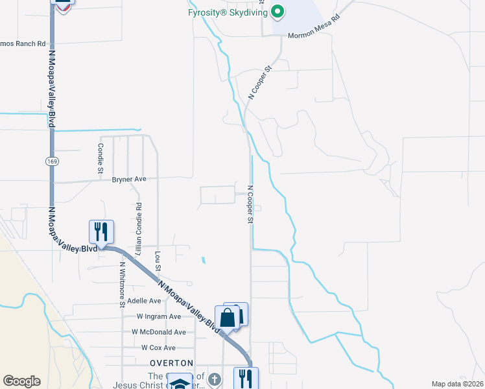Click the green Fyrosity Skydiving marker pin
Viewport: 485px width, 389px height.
278,11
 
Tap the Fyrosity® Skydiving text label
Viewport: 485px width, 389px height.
228,12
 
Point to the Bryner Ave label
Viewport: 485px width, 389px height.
129,179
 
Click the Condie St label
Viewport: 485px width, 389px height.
101,159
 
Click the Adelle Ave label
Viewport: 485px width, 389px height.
144,301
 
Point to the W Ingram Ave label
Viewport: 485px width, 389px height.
159,316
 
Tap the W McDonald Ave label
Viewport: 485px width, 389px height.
159,331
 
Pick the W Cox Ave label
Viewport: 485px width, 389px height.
159,348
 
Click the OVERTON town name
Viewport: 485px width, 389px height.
171,362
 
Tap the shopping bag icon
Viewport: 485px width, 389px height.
228,318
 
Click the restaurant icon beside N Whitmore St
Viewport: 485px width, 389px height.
101,231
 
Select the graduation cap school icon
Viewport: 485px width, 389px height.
180,383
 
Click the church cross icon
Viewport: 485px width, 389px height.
215,378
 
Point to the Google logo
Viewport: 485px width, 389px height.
21,381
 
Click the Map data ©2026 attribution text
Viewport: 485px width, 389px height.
456,384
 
